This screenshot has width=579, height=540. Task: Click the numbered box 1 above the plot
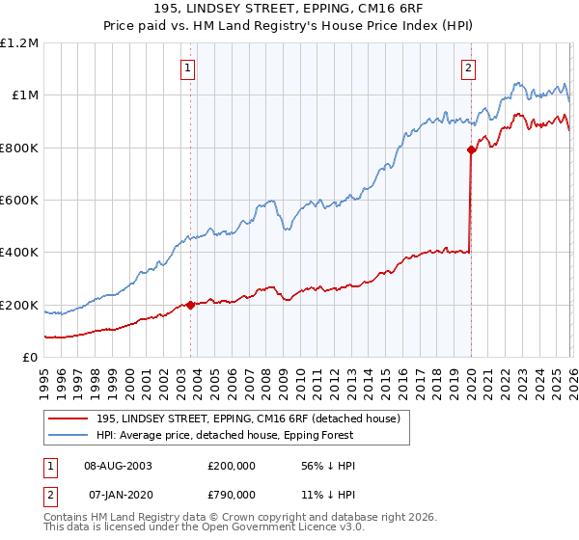(187, 67)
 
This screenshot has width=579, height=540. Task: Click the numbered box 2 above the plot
(468, 67)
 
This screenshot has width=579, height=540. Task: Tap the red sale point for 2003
(190, 305)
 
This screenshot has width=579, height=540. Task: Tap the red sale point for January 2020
(471, 149)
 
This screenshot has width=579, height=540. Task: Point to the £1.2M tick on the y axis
(19, 43)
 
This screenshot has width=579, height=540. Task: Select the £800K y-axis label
(19, 148)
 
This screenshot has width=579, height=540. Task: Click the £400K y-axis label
(19, 253)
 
